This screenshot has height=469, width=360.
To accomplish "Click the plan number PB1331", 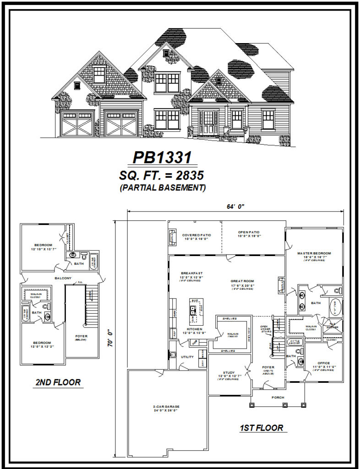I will [x=162, y=158].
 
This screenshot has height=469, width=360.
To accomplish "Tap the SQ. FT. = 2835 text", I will [x=162, y=175].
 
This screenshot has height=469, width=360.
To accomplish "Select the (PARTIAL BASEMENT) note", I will [x=162, y=187].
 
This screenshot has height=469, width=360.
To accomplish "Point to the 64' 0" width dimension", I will [x=236, y=207].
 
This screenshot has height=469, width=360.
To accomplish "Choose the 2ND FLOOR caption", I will [x=58, y=382].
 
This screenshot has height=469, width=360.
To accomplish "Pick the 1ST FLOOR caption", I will [x=261, y=428].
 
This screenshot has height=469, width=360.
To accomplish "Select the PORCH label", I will [x=278, y=397].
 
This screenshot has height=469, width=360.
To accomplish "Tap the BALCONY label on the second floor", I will [x=63, y=278].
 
